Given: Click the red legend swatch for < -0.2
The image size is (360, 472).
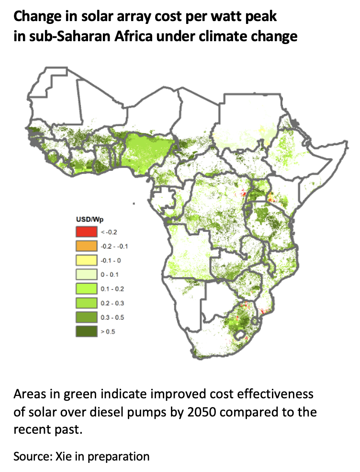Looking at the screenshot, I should point(86,232).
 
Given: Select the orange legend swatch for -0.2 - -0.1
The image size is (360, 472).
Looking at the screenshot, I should point(86,246).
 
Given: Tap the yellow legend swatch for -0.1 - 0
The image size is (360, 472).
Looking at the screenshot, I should point(86,260).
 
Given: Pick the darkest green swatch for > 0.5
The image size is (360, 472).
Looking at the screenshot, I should point(86,331).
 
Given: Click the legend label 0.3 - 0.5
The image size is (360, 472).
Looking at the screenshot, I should point(110,317).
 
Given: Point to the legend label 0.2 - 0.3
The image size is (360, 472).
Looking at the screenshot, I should point(110,303).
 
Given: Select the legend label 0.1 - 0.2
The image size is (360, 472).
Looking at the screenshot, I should point(110,289).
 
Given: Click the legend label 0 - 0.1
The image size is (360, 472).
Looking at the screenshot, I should point(108,275).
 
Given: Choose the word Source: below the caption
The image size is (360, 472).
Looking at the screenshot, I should point(32,456).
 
